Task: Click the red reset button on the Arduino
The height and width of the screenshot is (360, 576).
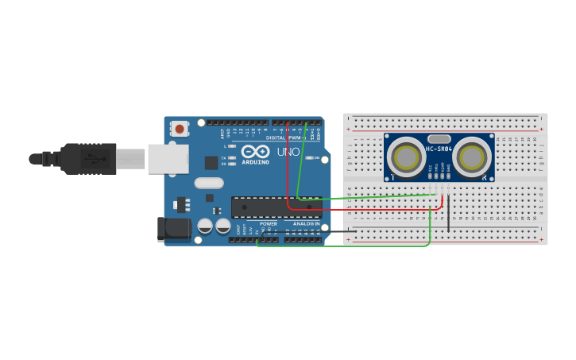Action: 180,128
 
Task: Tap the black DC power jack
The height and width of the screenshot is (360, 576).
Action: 174,229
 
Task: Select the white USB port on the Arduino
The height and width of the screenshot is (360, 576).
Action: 168,158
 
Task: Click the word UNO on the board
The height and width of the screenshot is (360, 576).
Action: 288,152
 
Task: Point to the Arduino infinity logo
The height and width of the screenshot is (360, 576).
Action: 256,151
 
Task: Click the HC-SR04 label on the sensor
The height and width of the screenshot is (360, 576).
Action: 439,149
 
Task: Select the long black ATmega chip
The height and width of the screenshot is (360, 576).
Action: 276,207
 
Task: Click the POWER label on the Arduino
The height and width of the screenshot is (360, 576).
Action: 269,224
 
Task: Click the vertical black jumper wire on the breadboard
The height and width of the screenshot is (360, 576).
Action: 448,213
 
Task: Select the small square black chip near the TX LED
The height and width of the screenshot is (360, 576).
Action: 211,162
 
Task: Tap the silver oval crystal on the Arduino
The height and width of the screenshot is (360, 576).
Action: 209,183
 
